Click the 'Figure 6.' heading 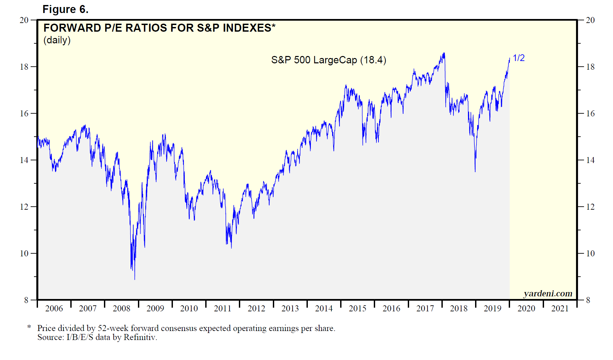point(65,9)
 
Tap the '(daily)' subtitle point(57,40)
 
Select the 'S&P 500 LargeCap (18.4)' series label point(328,60)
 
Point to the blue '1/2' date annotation point(518,58)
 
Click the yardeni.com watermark point(548,293)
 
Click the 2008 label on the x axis point(121,308)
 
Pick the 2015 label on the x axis point(357,308)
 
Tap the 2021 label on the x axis point(560,308)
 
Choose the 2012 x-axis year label point(256,308)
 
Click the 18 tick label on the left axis point(24,67)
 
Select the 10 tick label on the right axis point(590,253)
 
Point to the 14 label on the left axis point(24,160)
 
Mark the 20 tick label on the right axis point(590,20)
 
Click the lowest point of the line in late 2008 point(135,279)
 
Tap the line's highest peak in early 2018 point(444,53)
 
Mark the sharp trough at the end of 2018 point(475,171)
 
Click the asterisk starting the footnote point(29,327)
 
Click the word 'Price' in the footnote point(46,328)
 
